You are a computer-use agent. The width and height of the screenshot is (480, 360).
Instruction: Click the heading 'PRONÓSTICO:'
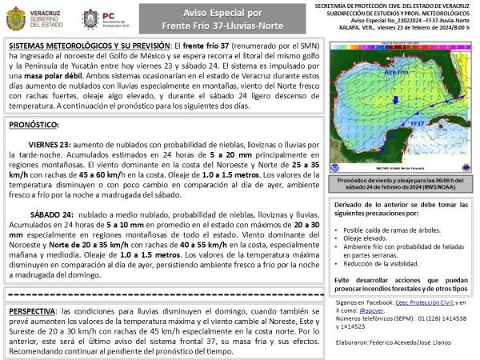point(34,126)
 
